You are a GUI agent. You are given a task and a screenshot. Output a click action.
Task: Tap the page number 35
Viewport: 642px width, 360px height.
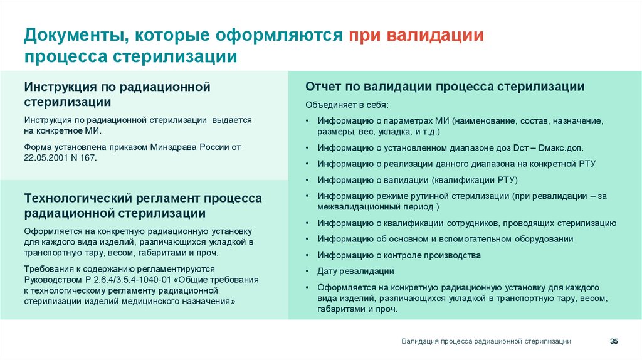(614, 341)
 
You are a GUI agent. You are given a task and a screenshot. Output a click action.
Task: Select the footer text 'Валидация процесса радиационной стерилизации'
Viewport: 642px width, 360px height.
(486, 341)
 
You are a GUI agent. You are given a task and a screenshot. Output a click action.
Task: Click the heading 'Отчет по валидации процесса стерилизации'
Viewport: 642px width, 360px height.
(445, 87)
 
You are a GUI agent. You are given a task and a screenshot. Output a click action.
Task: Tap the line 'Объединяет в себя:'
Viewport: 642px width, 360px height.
(347, 104)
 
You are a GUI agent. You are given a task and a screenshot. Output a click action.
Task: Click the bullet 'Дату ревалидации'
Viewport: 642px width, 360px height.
(355, 271)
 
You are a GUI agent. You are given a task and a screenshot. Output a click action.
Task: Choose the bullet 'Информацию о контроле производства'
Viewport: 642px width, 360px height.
(399, 255)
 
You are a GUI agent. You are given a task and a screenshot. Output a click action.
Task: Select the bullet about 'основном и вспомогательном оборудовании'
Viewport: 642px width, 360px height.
(445, 239)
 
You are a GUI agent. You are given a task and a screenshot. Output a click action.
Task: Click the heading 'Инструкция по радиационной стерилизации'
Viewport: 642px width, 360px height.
(117, 94)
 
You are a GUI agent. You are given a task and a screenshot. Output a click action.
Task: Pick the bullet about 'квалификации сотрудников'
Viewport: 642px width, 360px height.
(466, 223)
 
